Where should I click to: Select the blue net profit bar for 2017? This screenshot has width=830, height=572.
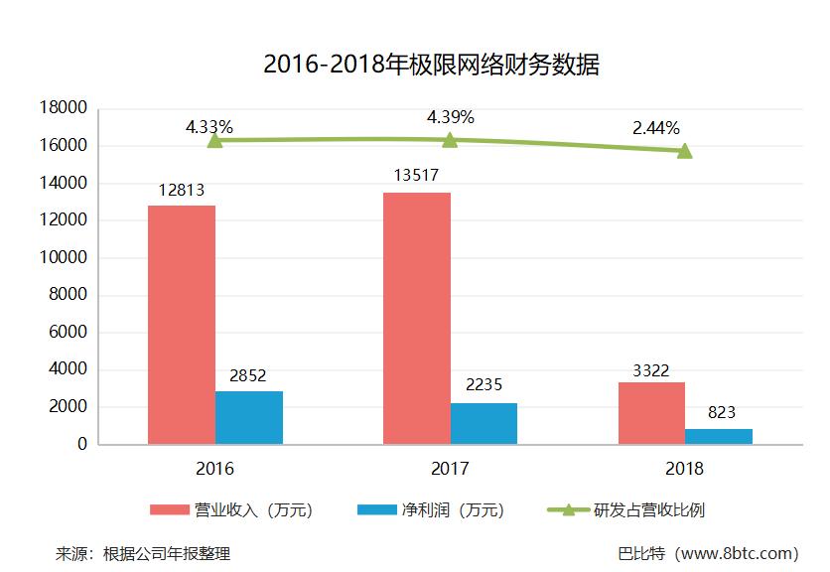(484, 423)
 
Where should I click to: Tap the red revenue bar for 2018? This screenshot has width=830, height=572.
(651, 413)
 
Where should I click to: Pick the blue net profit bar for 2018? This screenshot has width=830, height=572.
(719, 436)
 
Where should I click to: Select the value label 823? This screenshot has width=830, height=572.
(721, 413)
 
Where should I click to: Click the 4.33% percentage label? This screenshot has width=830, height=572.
(208, 127)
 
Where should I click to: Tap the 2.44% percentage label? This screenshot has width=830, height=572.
(655, 128)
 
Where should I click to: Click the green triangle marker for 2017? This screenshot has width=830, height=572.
(450, 140)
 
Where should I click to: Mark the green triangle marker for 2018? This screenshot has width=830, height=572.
(684, 151)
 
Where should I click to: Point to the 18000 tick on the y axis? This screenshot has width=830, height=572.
(64, 107)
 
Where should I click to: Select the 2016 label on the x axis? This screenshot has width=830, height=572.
(215, 469)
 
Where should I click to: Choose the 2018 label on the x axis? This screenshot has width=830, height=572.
(685, 469)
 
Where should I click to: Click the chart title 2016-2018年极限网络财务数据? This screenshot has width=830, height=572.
(431, 66)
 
